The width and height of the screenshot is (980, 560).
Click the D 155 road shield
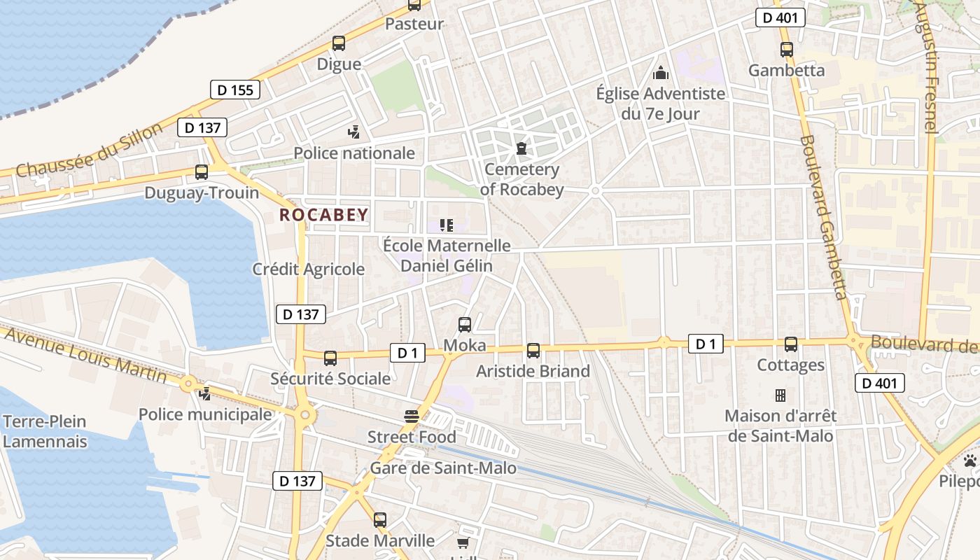click(x=235, y=90)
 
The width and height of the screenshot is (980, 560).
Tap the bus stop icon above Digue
click(x=339, y=43)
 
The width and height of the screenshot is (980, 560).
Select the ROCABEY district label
click(x=324, y=215)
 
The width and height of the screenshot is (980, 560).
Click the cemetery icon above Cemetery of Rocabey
click(x=521, y=148)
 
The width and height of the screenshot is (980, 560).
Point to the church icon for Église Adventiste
click(x=660, y=73)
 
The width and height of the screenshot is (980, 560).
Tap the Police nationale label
click(x=354, y=153)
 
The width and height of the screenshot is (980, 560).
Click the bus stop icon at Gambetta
click(x=787, y=50)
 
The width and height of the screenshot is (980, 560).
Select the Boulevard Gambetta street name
click(x=824, y=217)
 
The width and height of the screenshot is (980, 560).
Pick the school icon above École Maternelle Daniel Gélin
click(x=447, y=225)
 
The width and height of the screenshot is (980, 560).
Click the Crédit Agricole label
click(x=309, y=269)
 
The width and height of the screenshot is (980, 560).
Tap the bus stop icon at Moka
click(x=465, y=325)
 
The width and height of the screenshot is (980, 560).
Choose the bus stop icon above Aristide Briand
click(x=533, y=351)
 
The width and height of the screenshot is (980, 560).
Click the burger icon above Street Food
click(x=412, y=416)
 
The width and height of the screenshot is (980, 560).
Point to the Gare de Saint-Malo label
click(x=443, y=468)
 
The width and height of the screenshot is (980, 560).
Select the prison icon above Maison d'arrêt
click(x=780, y=395)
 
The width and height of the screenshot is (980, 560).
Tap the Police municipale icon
click(x=205, y=394)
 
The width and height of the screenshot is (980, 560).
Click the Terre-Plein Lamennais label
click(x=45, y=431)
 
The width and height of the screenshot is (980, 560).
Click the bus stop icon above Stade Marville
click(x=380, y=520)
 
